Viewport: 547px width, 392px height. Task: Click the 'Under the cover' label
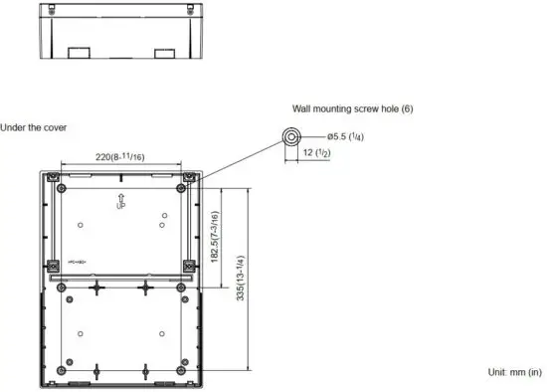point(34,127)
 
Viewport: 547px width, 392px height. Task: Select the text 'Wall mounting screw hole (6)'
point(352,107)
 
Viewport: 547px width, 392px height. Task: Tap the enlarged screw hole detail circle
point(291,136)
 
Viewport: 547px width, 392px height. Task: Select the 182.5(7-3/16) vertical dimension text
point(215,237)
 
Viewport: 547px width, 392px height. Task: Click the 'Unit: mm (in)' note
point(513,371)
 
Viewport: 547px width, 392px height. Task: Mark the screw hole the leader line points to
point(188,187)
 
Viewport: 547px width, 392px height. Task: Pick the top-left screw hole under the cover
point(63,187)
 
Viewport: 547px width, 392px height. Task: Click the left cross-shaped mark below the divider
point(96,288)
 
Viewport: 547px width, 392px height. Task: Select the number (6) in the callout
point(406,107)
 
